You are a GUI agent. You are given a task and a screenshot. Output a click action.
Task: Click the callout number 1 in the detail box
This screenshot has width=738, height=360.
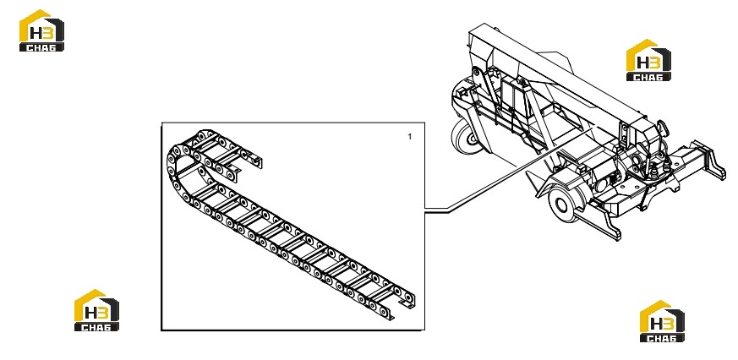pos(409,136)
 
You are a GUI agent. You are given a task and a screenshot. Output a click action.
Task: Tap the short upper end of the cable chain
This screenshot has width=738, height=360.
pos(254,161)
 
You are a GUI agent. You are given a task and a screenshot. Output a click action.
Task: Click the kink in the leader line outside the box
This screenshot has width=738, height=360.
pos(447,212)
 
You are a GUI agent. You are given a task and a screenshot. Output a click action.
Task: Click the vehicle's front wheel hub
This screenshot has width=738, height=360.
pos(560,205)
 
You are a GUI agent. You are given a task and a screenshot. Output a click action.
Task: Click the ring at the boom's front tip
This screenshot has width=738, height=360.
pos(661,128)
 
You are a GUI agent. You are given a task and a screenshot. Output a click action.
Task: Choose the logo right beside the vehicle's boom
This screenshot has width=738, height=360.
pos(648,60)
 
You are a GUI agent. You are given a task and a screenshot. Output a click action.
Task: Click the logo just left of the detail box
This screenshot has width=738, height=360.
pos(96,310)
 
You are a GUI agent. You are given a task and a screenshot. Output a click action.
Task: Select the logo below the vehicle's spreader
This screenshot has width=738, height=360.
pos(662,321)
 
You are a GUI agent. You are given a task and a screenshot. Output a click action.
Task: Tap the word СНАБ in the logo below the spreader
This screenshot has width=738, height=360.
pos(662,337)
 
